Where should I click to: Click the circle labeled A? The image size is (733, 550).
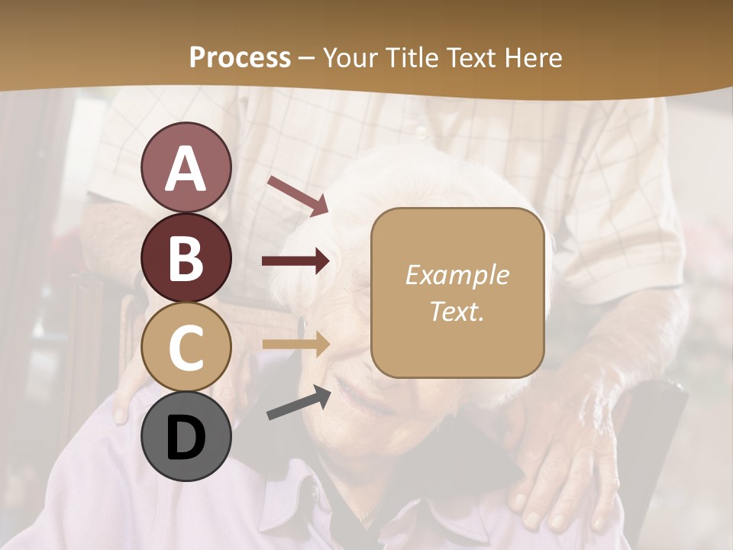coord(186,167)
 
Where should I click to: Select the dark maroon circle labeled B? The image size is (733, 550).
coord(186,257)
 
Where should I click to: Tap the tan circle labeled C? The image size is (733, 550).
coord(186,348)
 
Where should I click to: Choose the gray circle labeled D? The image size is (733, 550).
coord(186,436)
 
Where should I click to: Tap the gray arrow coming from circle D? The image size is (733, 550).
coord(299,403)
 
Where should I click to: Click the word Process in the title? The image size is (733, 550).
coord(240,57)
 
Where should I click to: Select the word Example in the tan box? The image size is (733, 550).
coord(457,275)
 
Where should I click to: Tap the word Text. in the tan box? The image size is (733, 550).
coord(457,311)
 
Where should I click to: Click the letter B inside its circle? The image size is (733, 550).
coord(186,258)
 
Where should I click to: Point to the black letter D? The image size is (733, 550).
coord(186,438)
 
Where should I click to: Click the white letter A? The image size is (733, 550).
coord(186,169)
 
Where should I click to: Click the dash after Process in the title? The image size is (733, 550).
coord(307,58)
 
